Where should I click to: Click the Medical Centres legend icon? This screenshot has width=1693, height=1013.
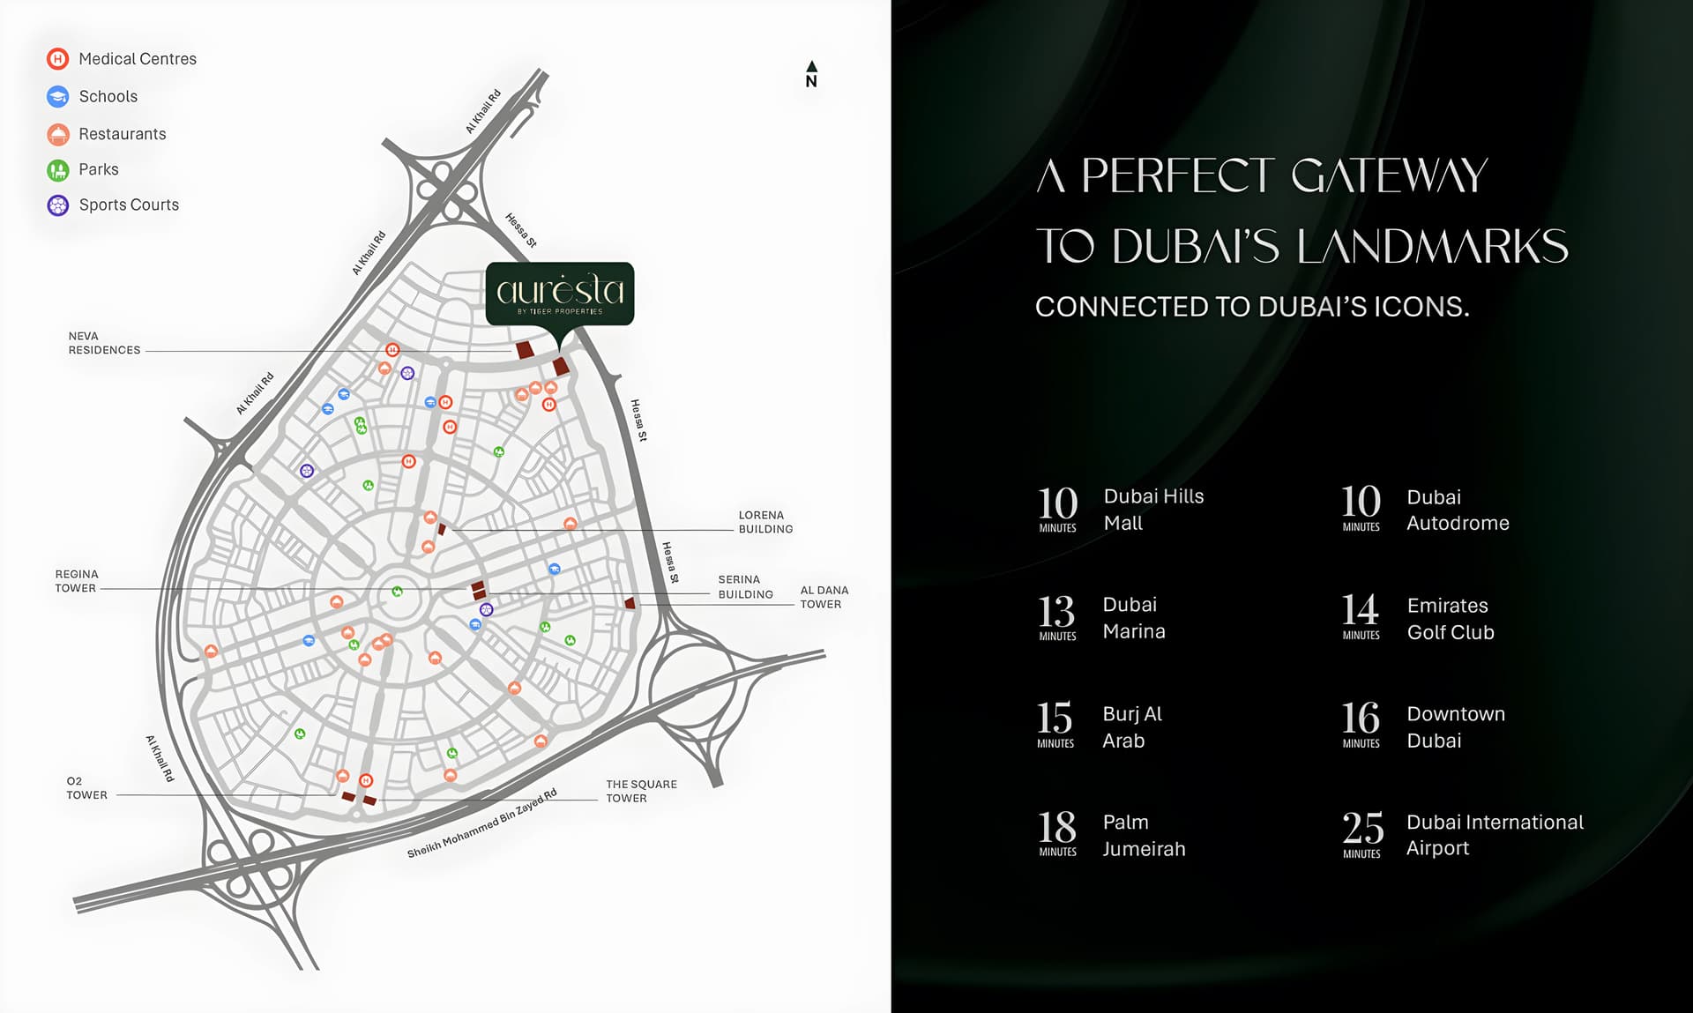pyautogui.click(x=57, y=59)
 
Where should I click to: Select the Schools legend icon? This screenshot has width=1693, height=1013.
pyautogui.click(x=57, y=96)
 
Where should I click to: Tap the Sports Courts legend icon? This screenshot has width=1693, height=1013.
pyautogui.click(x=57, y=205)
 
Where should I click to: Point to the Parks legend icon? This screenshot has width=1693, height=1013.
pyautogui.click(x=57, y=169)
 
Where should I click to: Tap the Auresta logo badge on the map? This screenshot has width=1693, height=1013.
pyautogui.click(x=560, y=294)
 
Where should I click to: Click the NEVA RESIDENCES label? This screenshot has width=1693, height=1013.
pyautogui.click(x=104, y=343)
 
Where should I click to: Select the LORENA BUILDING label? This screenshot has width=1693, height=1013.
pyautogui.click(x=765, y=522)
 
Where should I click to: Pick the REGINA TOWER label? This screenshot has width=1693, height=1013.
pyautogui.click(x=76, y=581)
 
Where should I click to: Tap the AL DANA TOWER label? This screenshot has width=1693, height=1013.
pyautogui.click(x=824, y=597)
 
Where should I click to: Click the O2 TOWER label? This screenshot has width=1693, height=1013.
pyautogui.click(x=86, y=788)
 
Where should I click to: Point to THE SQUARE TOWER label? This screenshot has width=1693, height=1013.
pyautogui.click(x=641, y=791)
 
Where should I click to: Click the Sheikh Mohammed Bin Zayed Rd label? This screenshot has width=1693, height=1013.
pyautogui.click(x=481, y=823)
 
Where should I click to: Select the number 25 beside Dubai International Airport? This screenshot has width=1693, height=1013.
pyautogui.click(x=1362, y=829)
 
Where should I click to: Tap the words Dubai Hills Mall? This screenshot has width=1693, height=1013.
pyautogui.click(x=1152, y=510)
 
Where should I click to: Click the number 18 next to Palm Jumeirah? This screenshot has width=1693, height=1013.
pyautogui.click(x=1057, y=828)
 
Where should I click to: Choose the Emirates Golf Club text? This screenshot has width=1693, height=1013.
pyautogui.click(x=1450, y=619)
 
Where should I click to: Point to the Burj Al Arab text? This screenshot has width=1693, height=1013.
pyautogui.click(x=1131, y=727)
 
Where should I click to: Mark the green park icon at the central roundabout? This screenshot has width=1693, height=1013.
pyautogui.click(x=398, y=592)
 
